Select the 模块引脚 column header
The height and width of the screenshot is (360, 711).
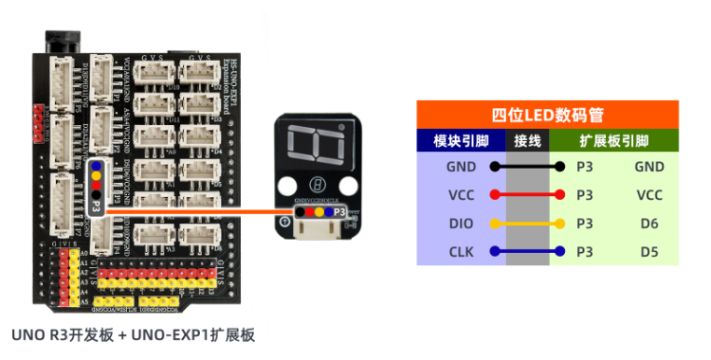[x=461, y=141]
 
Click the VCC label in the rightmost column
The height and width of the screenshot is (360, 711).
[x=649, y=195]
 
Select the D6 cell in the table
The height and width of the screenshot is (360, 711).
[x=649, y=224]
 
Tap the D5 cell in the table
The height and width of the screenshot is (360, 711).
[x=649, y=252]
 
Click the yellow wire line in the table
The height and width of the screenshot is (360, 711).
[x=527, y=224]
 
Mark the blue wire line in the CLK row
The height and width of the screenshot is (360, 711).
[x=527, y=252]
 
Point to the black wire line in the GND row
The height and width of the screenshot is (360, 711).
[x=527, y=167]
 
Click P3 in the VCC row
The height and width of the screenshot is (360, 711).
[x=585, y=195]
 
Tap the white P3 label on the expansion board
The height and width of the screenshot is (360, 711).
[x=97, y=203]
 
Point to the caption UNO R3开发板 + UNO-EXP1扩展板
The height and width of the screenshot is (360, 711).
[x=134, y=335]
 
